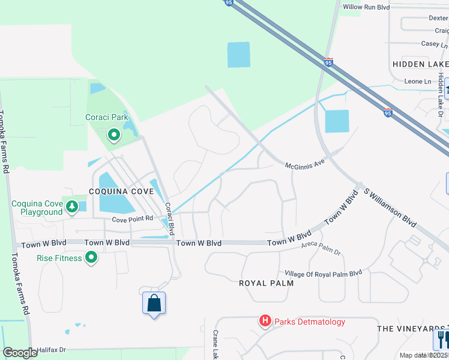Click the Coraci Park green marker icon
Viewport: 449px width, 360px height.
(x=114, y=134)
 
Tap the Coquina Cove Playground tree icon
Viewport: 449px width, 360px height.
(x=72, y=207)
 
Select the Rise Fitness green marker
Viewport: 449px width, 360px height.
(x=91, y=258)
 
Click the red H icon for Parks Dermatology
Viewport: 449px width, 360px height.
(x=265, y=322)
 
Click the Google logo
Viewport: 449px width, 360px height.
(x=20, y=353)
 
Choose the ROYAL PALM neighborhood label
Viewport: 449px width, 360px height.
(x=267, y=283)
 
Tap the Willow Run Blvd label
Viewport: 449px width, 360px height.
(x=366, y=7)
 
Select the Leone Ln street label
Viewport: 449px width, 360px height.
(x=418, y=81)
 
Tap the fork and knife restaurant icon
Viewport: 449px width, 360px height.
(x=442, y=339)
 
